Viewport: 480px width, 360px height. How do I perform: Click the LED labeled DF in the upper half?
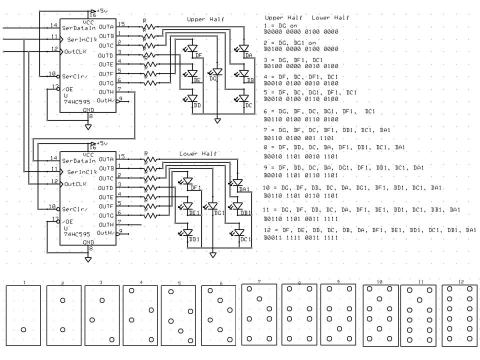coord(192,49)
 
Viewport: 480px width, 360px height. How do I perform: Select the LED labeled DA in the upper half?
coord(244,49)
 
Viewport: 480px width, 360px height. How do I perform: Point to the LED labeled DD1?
coord(188,233)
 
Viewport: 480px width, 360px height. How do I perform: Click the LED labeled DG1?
coord(212,206)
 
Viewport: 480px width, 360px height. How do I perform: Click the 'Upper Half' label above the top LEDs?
coord(205,19)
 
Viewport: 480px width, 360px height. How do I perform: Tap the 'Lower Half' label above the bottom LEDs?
coord(198,153)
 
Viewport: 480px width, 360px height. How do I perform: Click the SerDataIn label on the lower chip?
coord(78,160)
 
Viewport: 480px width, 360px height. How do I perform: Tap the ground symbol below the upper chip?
coord(88,126)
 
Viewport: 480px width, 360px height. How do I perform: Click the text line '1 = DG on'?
coord(282,25)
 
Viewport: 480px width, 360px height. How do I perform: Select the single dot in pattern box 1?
coord(23,329)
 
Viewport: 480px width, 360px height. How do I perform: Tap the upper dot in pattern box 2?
coord(62,300)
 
